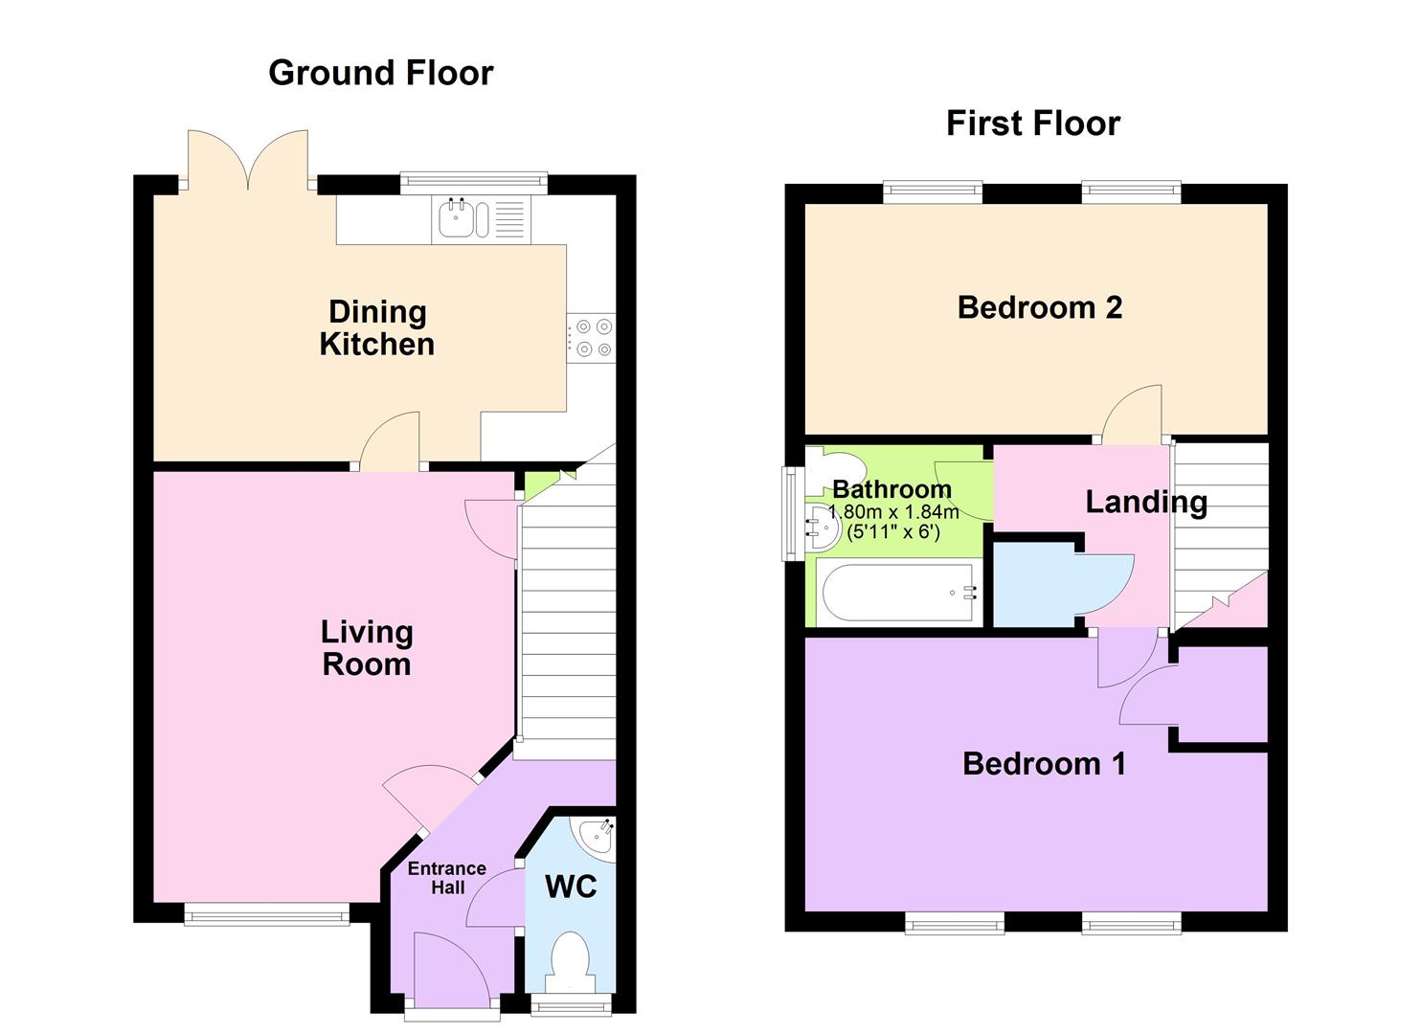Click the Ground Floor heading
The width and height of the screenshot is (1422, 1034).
(x=380, y=73)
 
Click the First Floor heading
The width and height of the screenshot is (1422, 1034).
(x=1032, y=124)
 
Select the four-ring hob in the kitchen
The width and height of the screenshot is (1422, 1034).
(x=592, y=338)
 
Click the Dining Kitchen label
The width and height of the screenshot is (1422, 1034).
(x=376, y=327)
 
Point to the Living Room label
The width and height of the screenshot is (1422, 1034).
(x=366, y=648)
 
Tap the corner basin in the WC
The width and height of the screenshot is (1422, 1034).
(x=598, y=836)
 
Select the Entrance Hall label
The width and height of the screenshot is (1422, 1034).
(x=446, y=878)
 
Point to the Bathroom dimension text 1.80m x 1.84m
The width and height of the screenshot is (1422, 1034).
(x=892, y=512)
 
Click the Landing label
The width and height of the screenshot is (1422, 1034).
(x=1145, y=502)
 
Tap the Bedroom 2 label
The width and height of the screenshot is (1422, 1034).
(x=1039, y=307)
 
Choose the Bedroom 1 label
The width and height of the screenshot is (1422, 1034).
(x=1043, y=763)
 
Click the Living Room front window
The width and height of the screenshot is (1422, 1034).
(x=266, y=917)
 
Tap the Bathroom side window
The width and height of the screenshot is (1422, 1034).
(x=789, y=512)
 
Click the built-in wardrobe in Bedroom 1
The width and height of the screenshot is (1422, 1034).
(x=1221, y=694)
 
